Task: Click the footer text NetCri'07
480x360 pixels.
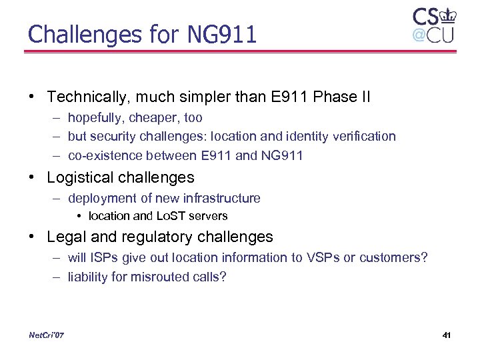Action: pos(46,335)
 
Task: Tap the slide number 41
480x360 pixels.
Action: pos(446,335)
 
